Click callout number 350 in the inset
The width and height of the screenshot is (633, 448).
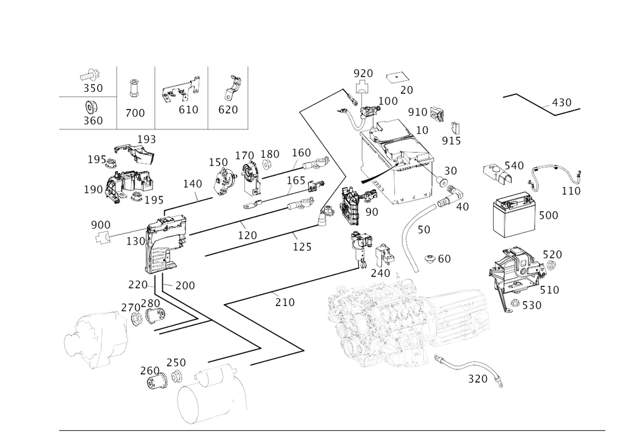coord(94,87)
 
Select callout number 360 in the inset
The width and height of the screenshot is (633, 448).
coord(94,121)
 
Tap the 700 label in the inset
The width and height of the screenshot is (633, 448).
coord(134,113)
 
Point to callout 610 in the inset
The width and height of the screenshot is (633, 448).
coord(188,109)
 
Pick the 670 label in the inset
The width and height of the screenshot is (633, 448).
coord(229,109)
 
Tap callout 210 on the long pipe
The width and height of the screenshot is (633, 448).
coord(284,303)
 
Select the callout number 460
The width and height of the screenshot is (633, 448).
coord(438,259)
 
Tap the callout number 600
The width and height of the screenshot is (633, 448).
coord(548,215)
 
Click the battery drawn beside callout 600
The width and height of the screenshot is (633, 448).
coord(515,215)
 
